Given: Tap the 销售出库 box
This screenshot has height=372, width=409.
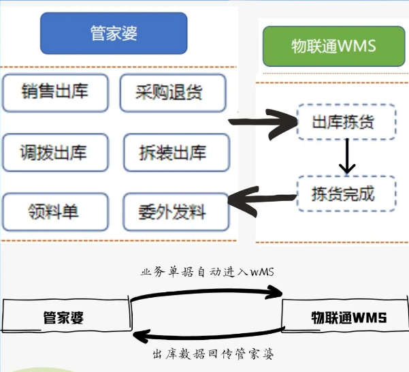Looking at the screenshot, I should tap(55, 92).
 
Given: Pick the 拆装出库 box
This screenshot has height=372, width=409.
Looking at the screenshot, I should tap(175, 152).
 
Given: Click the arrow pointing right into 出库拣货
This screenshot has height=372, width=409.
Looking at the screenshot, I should tap(261, 123).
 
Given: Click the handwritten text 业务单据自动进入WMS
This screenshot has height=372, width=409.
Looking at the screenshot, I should tap(208, 272).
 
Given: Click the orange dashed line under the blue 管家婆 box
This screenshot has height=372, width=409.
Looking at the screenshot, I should tap(119, 67).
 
